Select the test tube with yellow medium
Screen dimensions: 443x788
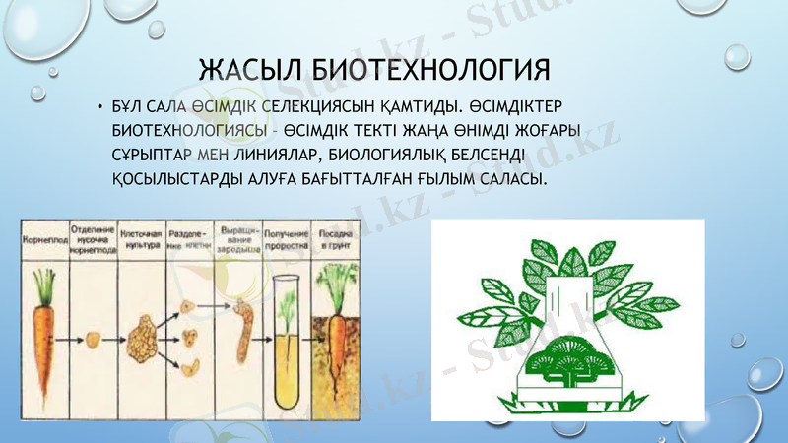coord(287,335)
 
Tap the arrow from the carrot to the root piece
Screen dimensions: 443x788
coord(67,341)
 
